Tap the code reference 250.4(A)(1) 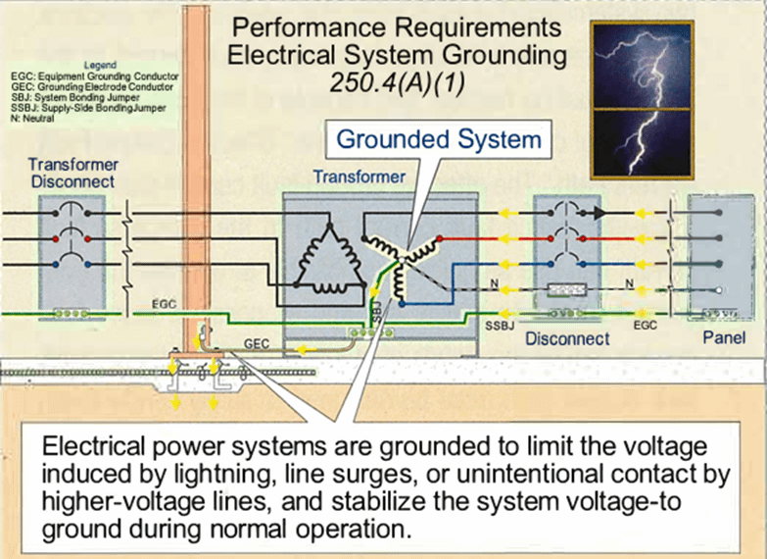click(397, 83)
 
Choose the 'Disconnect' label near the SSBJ click(567, 339)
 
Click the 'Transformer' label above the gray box click(359, 178)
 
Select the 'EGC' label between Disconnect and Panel click(645, 322)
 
